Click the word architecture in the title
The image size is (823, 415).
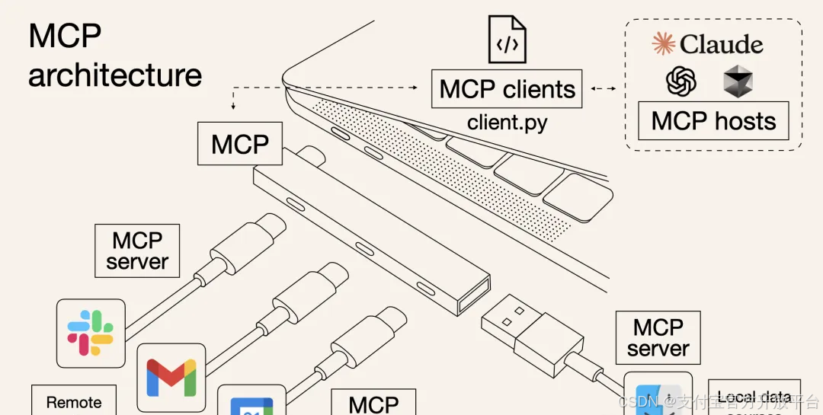click(x=115, y=75)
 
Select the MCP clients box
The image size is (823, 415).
click(x=507, y=89)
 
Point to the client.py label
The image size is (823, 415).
click(x=507, y=122)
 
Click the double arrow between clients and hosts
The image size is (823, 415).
click(x=604, y=89)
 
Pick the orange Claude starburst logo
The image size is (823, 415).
click(x=664, y=44)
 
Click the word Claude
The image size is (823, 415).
click(x=721, y=44)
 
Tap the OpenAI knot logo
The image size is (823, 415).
click(x=681, y=81)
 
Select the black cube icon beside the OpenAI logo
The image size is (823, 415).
click(x=738, y=81)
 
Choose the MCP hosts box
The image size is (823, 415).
click(x=713, y=121)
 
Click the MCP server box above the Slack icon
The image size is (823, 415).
click(x=137, y=251)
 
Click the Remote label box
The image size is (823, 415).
click(x=74, y=401)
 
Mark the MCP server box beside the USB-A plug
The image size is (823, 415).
click(x=658, y=337)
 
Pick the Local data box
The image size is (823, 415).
click(x=754, y=397)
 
